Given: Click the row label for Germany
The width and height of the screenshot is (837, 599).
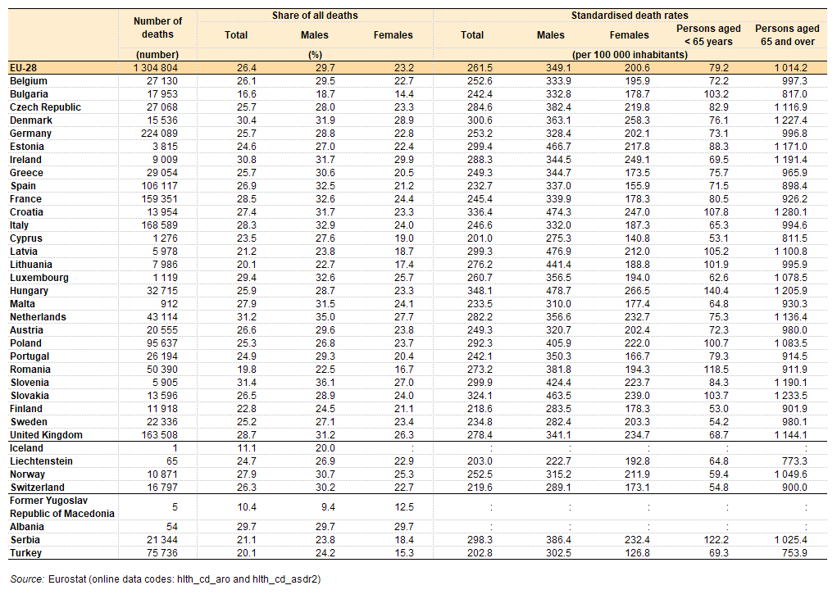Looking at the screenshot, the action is (30, 134).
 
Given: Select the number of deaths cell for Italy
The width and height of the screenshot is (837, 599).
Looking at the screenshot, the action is (160, 225).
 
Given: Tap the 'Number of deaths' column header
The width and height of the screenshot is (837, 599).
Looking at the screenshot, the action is (157, 28).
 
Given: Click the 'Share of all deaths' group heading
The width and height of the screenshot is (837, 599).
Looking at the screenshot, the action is (315, 16).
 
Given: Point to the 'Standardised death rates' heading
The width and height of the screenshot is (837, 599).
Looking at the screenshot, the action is (630, 16).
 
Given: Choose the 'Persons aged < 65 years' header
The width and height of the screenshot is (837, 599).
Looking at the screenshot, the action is (708, 35).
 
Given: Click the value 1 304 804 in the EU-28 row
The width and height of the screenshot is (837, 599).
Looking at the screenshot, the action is (156, 68).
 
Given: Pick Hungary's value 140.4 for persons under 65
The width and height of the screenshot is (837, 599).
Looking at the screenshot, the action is (716, 291).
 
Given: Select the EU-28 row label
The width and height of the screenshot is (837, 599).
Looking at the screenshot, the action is (23, 68).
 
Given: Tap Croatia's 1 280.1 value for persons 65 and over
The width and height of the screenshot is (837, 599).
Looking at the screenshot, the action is (790, 211).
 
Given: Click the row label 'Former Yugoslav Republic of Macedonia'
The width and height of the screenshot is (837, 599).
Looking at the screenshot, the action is (62, 506).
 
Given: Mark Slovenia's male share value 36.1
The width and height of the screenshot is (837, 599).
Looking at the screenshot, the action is (325, 383).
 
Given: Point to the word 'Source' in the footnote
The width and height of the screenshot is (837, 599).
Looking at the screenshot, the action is (27, 579).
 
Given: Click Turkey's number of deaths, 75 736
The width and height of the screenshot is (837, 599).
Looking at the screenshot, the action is (162, 552).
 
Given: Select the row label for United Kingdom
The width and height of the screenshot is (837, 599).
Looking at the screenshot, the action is (46, 435).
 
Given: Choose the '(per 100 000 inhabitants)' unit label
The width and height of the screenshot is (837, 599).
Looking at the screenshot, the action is (630, 54).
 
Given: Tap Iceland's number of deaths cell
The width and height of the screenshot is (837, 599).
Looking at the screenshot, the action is (175, 448).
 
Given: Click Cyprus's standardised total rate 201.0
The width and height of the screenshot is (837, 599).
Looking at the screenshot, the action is (480, 238).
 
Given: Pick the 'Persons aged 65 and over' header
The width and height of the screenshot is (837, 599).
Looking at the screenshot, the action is (787, 35).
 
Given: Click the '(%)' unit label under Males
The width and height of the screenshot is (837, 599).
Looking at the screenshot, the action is (315, 54).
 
